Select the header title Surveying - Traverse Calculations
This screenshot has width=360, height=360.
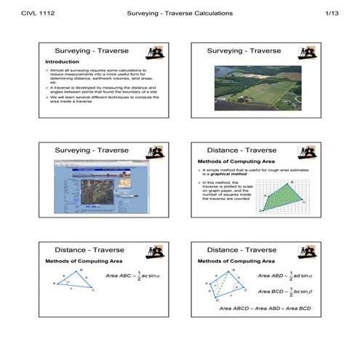coord(180,13)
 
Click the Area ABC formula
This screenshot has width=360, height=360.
coord(132,276)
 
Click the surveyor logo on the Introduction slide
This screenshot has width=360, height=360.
coord(155,52)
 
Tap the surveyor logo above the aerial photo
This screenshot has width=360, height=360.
coord(308,52)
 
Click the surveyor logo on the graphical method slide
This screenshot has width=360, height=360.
coord(308,151)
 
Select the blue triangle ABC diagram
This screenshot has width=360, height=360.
coord(75,281)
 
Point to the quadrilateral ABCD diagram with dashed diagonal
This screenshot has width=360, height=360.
coord(225,286)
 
